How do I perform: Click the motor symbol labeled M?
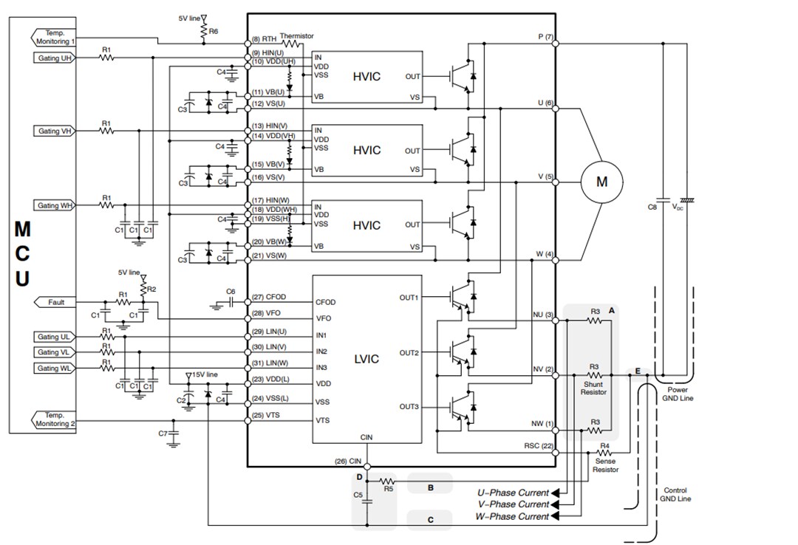[601, 182]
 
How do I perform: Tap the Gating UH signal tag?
[55, 58]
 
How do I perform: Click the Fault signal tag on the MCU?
[55, 302]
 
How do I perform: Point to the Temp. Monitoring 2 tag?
[54, 420]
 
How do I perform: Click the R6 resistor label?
[214, 32]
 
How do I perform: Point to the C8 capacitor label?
[652, 208]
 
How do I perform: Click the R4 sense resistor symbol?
[604, 452]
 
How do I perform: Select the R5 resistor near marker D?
[386, 481]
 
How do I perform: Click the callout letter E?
[636, 371]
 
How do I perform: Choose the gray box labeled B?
[429, 487]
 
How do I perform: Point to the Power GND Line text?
[678, 394]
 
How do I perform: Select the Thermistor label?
[296, 35]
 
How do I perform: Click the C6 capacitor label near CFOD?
[231, 292]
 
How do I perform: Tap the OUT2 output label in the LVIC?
[409, 353]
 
